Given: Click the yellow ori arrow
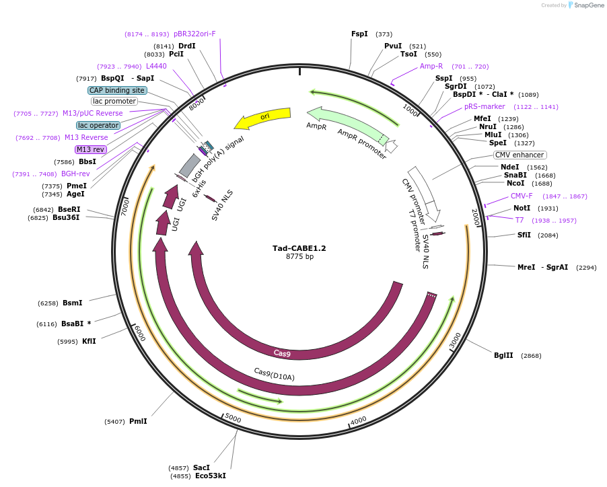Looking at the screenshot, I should tap(264, 118).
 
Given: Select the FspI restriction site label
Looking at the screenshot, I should tap(359, 34).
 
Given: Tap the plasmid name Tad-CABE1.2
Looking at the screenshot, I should tap(299, 248).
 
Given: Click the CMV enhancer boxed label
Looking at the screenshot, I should tap(520, 155).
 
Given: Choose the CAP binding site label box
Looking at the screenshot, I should tap(117, 90).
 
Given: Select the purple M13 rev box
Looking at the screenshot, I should tap(91, 149).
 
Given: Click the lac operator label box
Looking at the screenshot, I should tap(98, 125).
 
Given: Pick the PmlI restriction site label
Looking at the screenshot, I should tap(138, 421).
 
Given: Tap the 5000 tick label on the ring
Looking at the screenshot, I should tap(232, 418).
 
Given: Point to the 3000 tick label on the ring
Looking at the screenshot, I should tap(456, 340).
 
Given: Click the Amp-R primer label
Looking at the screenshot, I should tap(431, 66).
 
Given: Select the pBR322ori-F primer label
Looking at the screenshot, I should tap(194, 34).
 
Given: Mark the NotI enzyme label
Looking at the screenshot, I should tap(522, 208).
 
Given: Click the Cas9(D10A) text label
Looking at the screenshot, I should tap(274, 373).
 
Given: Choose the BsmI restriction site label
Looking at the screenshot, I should tap(73, 303).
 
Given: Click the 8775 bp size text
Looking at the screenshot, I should tap(299, 257).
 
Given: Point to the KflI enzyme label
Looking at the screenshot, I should tap(89, 341).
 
